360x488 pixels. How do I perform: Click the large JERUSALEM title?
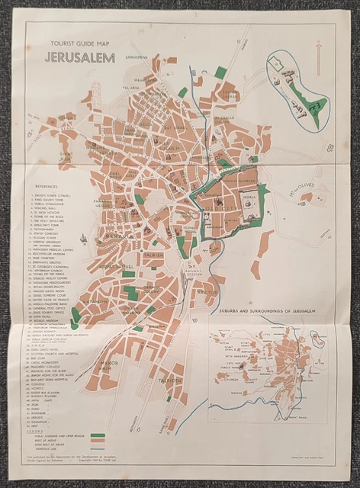pos(80,58)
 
